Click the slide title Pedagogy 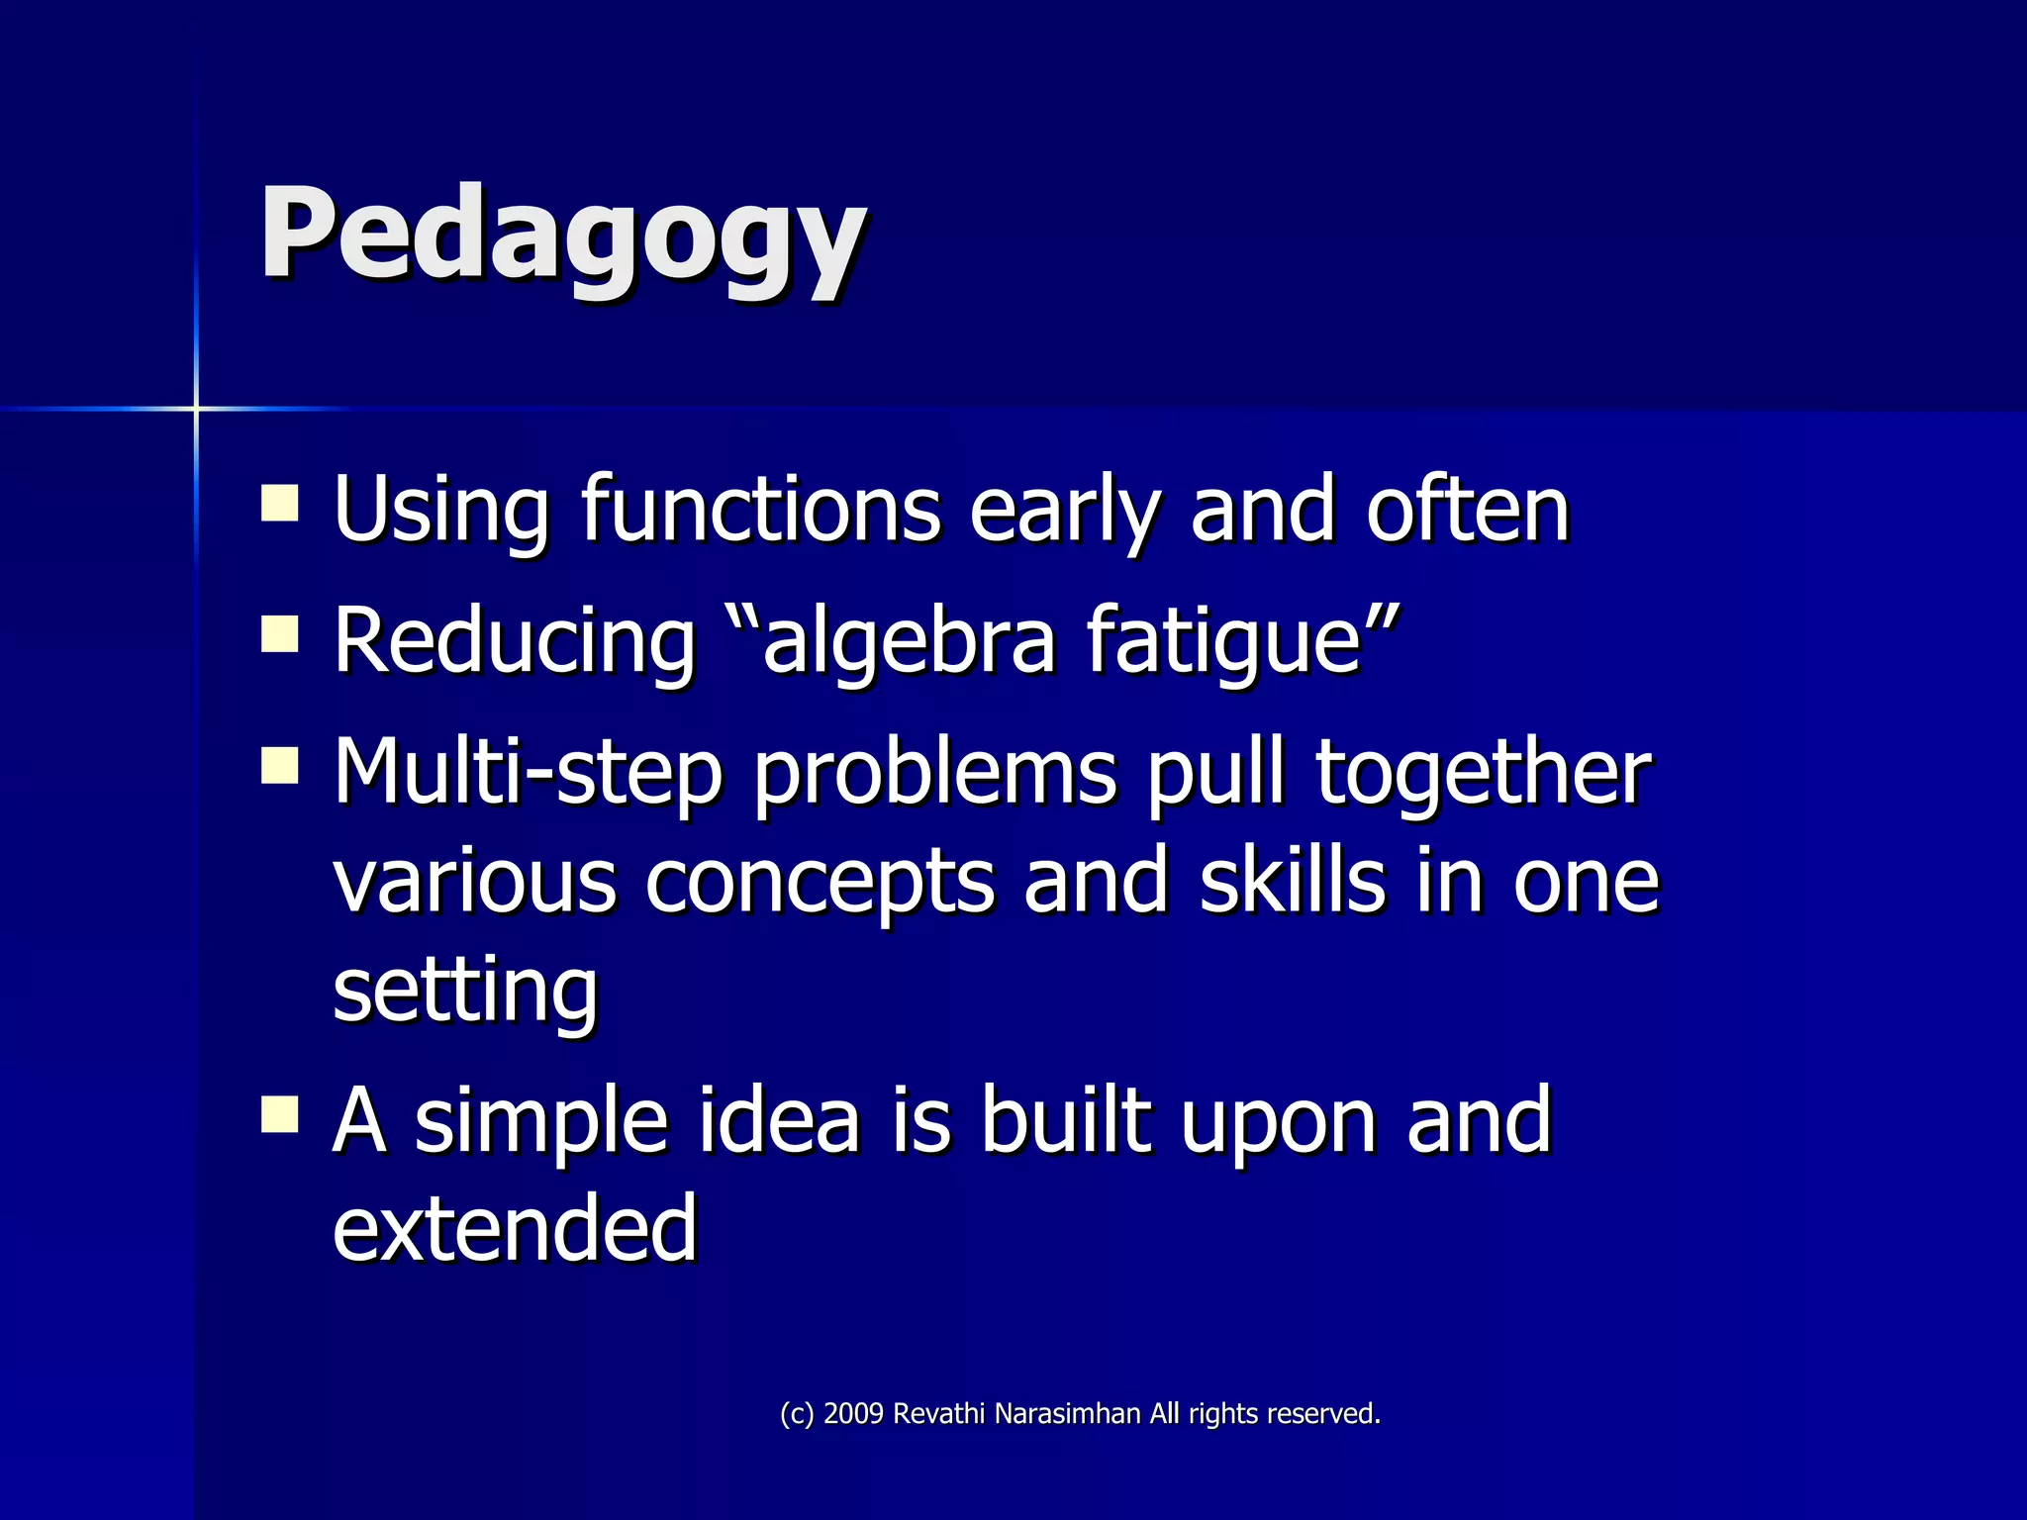(x=562, y=237)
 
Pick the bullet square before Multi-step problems (x=280, y=764)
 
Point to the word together (x=1483, y=773)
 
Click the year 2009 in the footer (x=853, y=1414)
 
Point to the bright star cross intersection (x=196, y=408)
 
